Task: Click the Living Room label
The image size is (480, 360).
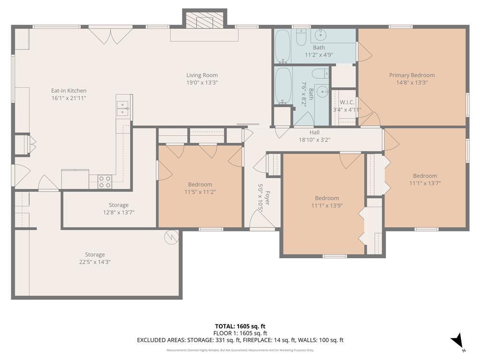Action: coord(202,75)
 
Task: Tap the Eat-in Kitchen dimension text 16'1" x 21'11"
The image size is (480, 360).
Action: coord(69,98)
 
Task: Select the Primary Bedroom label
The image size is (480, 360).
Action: coord(412,75)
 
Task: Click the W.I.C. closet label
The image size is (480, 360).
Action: coord(347,102)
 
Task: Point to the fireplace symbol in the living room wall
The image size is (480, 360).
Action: coord(204,21)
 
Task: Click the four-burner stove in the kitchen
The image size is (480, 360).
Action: coord(105,181)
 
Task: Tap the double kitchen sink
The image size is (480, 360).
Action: coord(122,108)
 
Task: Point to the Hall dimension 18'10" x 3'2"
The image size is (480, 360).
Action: coord(315,140)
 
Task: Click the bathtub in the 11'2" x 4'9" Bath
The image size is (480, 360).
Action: coord(282,46)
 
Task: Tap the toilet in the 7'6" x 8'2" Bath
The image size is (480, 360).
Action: coord(321,74)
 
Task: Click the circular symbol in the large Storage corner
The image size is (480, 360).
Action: coord(171,237)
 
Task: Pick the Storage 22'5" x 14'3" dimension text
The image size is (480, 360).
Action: coord(95,262)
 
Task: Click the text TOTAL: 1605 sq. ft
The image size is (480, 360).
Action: coord(240,326)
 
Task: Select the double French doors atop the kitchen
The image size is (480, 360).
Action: coord(111,36)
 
